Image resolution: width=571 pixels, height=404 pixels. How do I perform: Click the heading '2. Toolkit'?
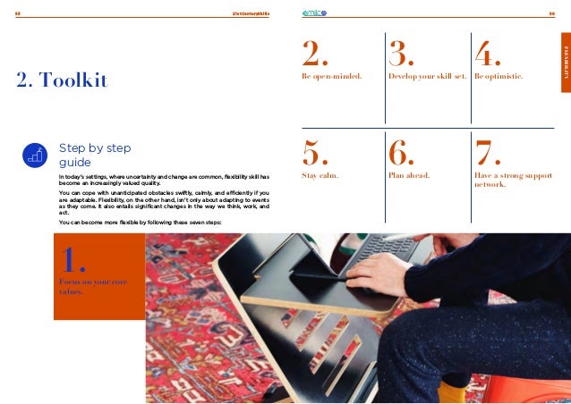pos(62,82)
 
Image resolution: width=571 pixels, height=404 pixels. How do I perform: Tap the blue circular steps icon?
pos(35,155)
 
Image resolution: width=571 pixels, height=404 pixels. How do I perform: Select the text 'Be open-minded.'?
pos(331,77)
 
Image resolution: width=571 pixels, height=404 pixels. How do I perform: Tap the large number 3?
pos(403,55)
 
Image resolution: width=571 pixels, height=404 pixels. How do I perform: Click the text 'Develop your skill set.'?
pos(427,77)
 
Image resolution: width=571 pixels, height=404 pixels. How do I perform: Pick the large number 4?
pos(488,55)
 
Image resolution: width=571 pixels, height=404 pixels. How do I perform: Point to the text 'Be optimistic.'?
pos(499,77)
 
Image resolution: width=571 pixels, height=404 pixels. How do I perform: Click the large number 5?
pos(316,154)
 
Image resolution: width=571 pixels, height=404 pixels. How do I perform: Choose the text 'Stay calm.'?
pos(320,175)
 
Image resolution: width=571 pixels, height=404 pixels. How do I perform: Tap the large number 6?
pos(403,154)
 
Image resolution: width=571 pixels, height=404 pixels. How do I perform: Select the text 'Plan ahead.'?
pos(409,175)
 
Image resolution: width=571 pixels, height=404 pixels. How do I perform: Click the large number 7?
pos(488,154)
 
